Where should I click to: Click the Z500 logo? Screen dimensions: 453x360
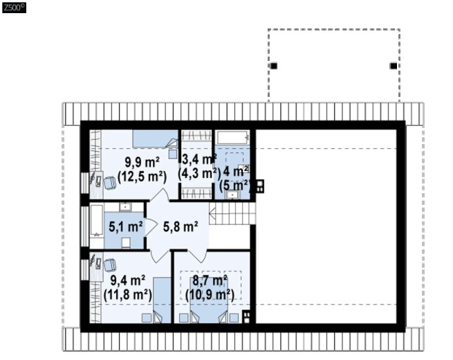(14, 8)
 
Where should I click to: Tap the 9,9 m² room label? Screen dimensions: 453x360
(142, 162)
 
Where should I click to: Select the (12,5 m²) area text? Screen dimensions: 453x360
(142, 177)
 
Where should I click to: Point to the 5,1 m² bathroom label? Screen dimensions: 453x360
(126, 226)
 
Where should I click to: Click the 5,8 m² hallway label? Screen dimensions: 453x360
(181, 226)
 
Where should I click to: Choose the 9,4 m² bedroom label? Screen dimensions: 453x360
(128, 280)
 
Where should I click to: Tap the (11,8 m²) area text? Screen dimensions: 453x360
(128, 295)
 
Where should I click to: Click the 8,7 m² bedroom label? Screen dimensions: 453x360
(210, 280)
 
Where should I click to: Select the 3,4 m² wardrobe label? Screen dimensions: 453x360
(200, 159)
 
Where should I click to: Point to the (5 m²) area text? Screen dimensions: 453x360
(234, 186)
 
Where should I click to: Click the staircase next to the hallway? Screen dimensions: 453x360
(232, 213)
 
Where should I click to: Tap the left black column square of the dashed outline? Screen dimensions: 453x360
(273, 66)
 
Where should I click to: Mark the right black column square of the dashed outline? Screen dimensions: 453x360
(394, 66)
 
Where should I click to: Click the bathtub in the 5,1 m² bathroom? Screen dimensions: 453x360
(97, 220)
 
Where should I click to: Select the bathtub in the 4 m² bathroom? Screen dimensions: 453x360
(233, 138)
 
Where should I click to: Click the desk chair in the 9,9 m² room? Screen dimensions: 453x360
(110, 183)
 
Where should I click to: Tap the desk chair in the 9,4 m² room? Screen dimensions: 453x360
(110, 265)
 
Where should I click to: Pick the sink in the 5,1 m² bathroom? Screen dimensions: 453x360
(125, 207)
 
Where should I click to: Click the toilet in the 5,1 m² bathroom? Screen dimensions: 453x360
(126, 243)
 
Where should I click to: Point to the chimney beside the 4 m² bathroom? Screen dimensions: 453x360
(260, 186)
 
